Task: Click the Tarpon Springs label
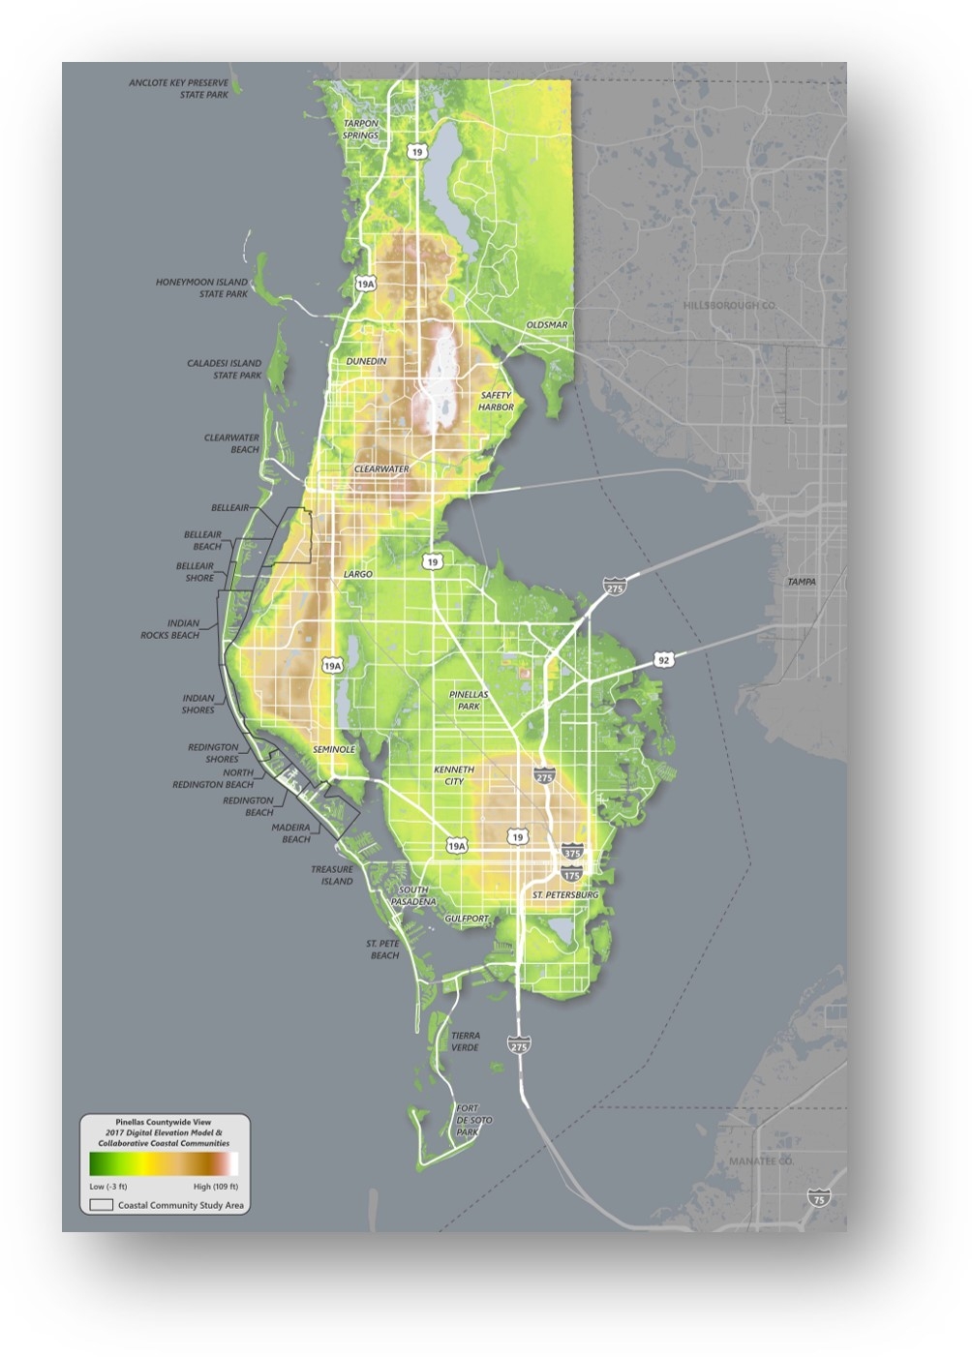[361, 130]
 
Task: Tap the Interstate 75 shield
[818, 1197]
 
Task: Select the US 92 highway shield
[663, 660]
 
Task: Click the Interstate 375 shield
[572, 853]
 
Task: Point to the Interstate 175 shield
[571, 874]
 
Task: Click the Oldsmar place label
[547, 325]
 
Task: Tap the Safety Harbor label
[496, 402]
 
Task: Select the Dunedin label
[366, 361]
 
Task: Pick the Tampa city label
[801, 582]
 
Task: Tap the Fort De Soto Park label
[468, 1120]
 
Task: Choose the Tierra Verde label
[465, 1041]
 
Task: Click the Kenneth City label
[454, 775]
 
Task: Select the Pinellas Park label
[469, 701]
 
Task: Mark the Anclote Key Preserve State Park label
[179, 89]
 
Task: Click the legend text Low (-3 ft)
[108, 1187]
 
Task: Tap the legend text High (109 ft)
[215, 1187]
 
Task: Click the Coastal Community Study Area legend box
[102, 1206]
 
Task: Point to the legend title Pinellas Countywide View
[164, 1123]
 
